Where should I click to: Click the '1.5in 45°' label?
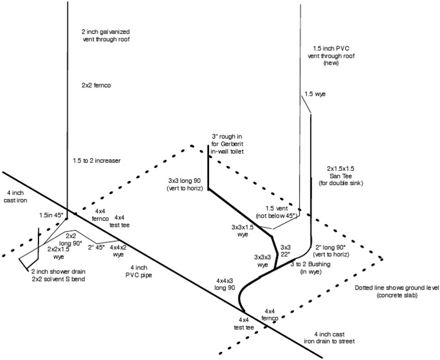pos(53,214)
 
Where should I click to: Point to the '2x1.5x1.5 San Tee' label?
pos(340,175)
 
